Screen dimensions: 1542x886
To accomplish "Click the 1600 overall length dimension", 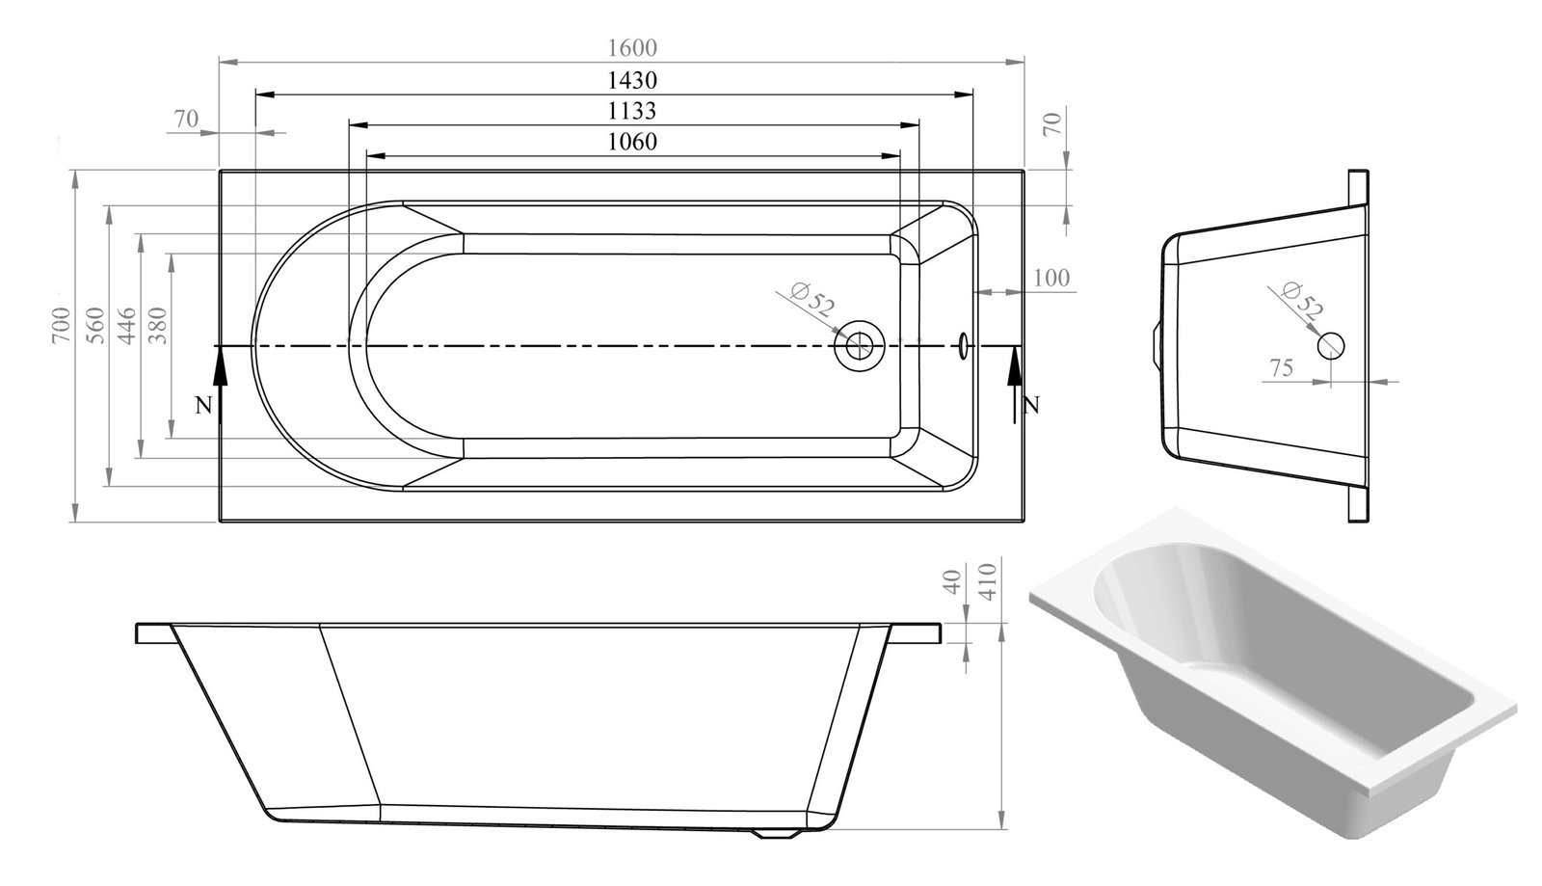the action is coord(632,47).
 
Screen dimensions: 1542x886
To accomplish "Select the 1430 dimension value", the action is coord(632,80).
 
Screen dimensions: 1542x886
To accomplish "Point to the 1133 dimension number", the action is coord(632,110).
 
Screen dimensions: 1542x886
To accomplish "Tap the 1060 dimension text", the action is coord(632,141).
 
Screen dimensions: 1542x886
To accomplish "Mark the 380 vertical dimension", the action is coord(158,326).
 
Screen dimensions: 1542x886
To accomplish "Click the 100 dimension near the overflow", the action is coord(1051,278).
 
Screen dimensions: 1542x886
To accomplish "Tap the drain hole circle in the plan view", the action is coord(859,345).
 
